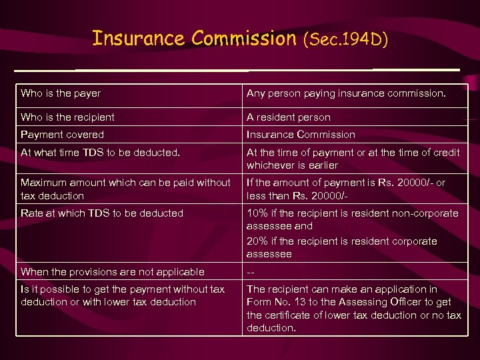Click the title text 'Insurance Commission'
[x=194, y=39]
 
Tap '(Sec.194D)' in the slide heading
[x=345, y=40]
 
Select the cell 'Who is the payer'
[x=61, y=93]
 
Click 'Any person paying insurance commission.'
[x=346, y=94]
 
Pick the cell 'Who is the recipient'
[x=67, y=117]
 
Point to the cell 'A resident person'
[x=288, y=117]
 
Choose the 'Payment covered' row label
[x=62, y=134]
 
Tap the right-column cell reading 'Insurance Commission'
[x=301, y=135]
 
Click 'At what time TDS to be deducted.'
[x=100, y=152]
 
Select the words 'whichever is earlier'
[x=292, y=165]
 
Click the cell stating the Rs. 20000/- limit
[x=346, y=189]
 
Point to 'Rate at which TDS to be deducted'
[x=101, y=213]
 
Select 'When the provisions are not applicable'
[x=112, y=272]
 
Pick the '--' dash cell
[x=251, y=272]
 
